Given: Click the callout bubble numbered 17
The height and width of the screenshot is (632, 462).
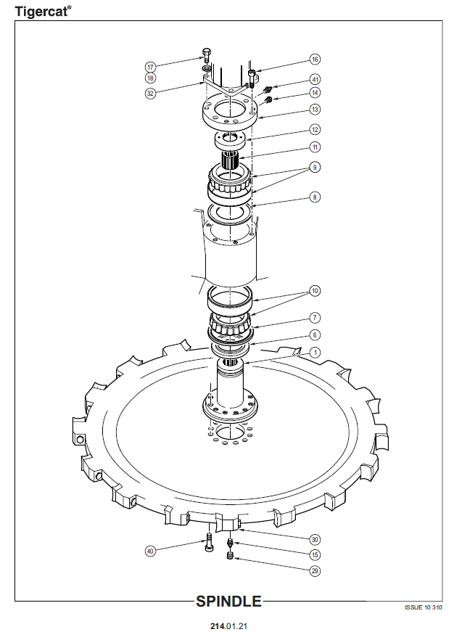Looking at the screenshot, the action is [x=150, y=67].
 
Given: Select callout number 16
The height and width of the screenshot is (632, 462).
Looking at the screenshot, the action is [x=315, y=59].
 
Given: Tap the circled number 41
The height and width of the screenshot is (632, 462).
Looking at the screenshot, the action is [x=315, y=79].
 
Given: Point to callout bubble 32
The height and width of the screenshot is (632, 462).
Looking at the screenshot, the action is [x=150, y=94].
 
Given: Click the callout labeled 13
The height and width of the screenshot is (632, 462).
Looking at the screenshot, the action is [x=315, y=110].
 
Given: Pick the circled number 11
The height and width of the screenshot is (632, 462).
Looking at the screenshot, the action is [x=315, y=147].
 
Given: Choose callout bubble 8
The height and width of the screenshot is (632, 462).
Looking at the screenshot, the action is [x=315, y=197].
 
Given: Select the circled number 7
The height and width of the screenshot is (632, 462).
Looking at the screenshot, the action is [x=315, y=318].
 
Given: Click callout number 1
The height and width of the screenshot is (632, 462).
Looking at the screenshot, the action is [x=315, y=353].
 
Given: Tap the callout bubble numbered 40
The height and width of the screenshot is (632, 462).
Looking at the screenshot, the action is [x=150, y=551].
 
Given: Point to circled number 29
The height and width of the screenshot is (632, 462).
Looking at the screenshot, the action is [x=315, y=571].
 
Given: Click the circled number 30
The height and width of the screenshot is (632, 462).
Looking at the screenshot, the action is [x=315, y=540].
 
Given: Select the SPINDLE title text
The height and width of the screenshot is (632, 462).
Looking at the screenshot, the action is [x=228, y=602].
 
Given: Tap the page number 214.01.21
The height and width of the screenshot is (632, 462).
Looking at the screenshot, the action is [x=228, y=626].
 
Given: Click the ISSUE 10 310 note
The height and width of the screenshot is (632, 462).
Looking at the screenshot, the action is [x=424, y=607].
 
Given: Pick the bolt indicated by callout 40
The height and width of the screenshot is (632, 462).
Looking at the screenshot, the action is [x=209, y=543].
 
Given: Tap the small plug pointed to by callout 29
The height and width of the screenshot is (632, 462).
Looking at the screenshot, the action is [x=231, y=557].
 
